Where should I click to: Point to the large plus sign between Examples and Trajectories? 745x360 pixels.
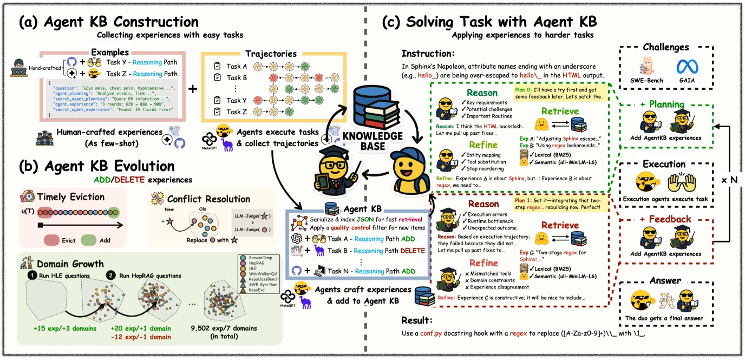(192, 88)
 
